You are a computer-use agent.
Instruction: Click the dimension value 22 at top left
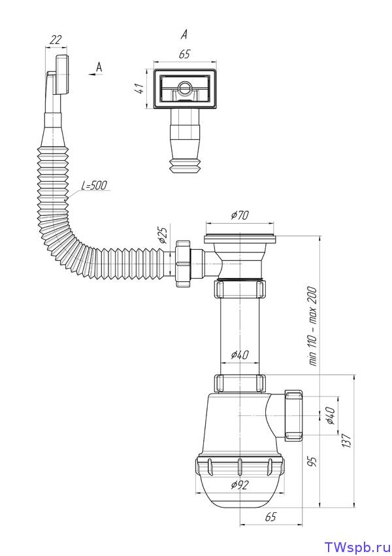56,40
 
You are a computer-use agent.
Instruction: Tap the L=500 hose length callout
94,185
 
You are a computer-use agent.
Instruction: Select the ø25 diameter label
163,235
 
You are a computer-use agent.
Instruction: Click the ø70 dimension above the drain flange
240,215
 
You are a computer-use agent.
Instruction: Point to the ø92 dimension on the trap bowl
240,484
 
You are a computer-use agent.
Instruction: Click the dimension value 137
347,440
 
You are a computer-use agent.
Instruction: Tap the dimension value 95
313,461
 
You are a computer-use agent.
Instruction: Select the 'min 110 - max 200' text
313,326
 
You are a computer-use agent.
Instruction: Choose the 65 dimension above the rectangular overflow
184,54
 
